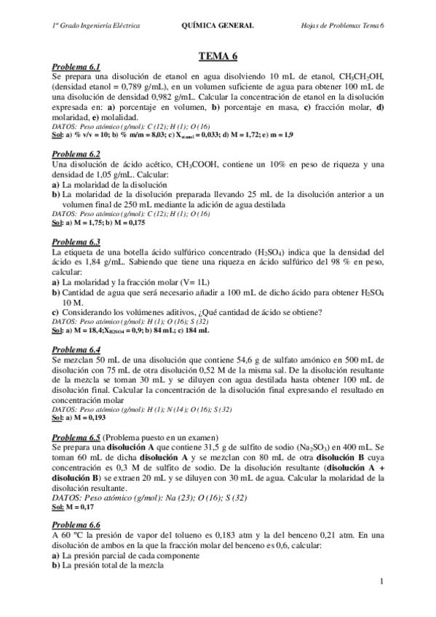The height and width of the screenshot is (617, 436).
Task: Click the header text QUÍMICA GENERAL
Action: click(217, 25)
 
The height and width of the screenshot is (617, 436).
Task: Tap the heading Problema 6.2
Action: click(76, 154)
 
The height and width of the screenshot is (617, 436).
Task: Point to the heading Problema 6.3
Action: click(76, 242)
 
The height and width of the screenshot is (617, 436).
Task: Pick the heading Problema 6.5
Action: click(76, 437)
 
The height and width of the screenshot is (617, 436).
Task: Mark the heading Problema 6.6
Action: click(76, 525)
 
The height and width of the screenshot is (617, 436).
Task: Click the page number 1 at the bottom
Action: click(381, 581)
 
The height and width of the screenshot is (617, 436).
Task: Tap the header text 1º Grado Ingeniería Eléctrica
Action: click(96, 25)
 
